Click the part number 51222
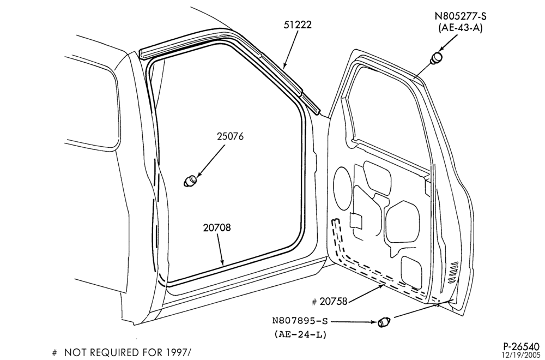coord(298,25)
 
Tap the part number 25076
coord(230,136)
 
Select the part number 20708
coord(217,227)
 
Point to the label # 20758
coord(330,302)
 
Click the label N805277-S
coord(461,16)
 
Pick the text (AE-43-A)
coord(461,28)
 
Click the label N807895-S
coord(300,320)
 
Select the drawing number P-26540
coord(522,346)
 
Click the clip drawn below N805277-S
coord(436,58)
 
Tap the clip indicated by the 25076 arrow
coord(190,181)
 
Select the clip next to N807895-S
coord(384,322)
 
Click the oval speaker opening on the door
coord(342,188)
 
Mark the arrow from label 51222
coord(291,49)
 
